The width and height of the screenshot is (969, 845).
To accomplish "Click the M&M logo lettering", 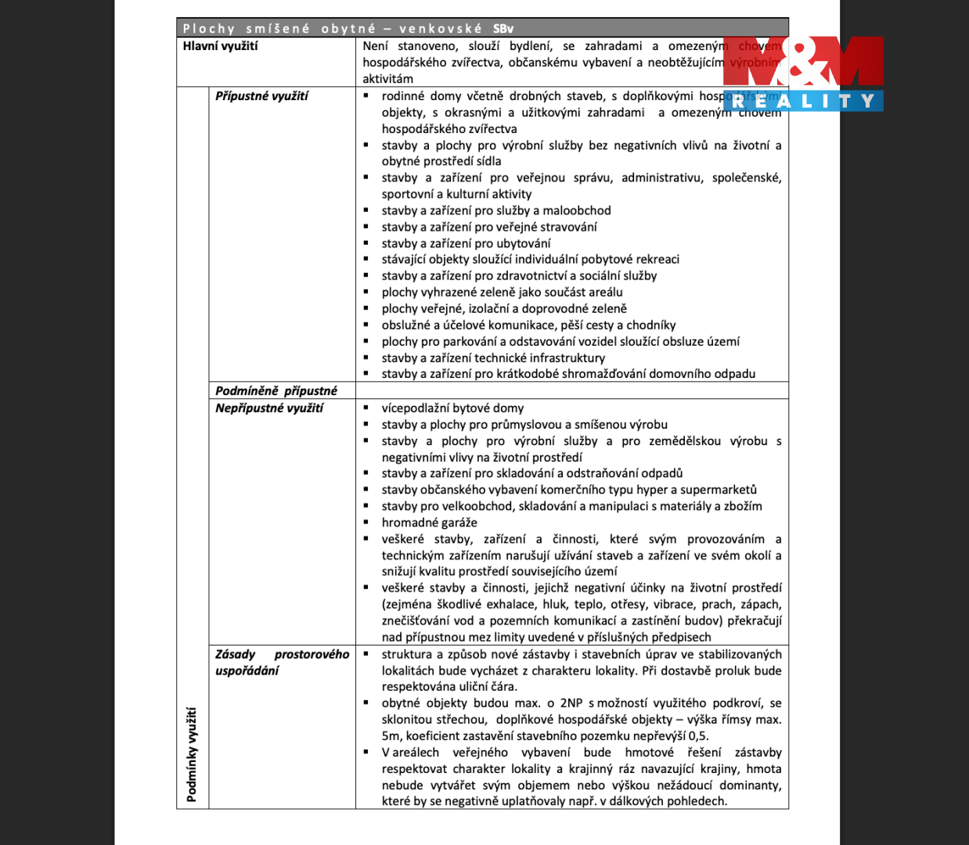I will tap(804, 63).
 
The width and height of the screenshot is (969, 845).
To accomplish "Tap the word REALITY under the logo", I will tap(804, 101).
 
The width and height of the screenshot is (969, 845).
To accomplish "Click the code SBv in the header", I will tap(503, 29).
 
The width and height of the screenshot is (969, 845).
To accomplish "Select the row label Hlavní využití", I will tap(220, 46).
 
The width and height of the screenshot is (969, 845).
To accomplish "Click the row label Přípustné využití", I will tap(261, 96).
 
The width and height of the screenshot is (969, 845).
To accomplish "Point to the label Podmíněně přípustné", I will tap(276, 391).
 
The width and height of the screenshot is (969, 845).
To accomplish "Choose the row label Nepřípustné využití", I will tap(268, 408).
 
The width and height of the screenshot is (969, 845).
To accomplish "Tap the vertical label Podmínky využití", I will tap(192, 754).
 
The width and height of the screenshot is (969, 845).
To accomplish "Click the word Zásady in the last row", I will tap(236, 654).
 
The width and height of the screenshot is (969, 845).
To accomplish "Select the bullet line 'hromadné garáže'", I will tap(429, 523).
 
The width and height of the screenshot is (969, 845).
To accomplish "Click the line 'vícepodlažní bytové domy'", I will tap(452, 408).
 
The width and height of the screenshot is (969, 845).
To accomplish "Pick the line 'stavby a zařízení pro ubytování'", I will tap(466, 243).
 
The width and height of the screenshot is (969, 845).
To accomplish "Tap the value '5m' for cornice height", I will tap(391, 736).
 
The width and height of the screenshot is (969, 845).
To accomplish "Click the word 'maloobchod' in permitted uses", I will tap(577, 210).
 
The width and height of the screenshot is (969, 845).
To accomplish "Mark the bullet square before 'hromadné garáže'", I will tap(366, 522).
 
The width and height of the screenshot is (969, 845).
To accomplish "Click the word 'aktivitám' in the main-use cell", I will tap(387, 79).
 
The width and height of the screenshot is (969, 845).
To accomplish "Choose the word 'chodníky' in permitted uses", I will tap(651, 325).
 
